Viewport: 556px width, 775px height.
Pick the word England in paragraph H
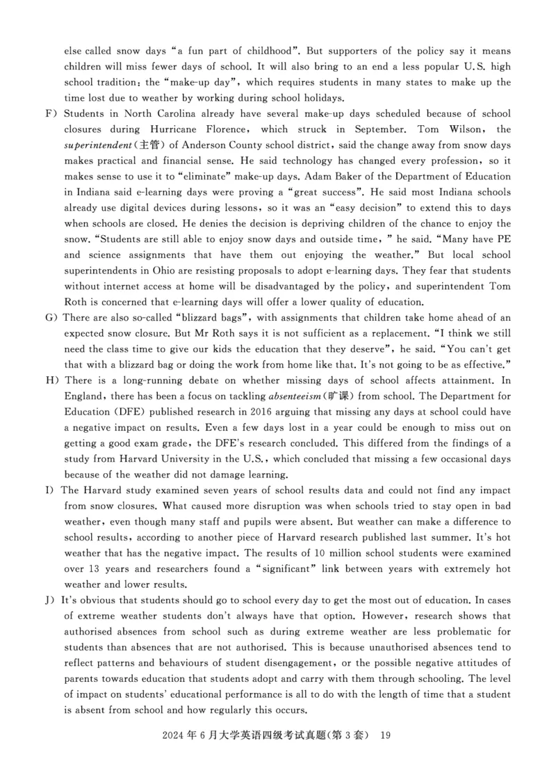coord(85,412)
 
